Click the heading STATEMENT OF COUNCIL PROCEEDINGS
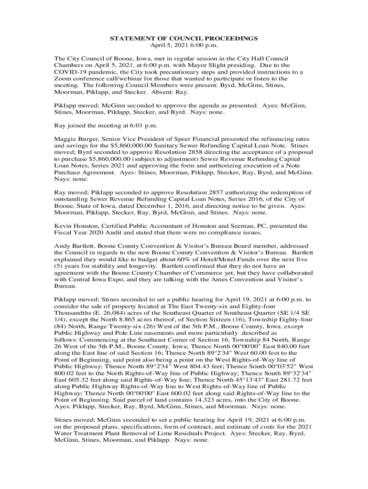(184, 38)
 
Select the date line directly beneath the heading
(184, 45)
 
